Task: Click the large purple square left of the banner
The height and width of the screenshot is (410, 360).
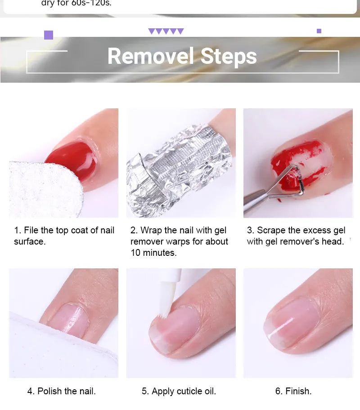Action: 49,35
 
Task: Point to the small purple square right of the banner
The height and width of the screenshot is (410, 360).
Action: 319,31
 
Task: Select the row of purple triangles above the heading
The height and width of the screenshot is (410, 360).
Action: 166,31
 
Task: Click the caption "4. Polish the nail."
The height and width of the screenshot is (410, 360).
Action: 62,391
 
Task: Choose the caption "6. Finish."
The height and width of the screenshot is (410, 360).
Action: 293,391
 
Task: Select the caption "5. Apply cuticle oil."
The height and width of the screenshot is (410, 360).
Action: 179,391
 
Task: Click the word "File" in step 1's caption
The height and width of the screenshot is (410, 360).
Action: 31,230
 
